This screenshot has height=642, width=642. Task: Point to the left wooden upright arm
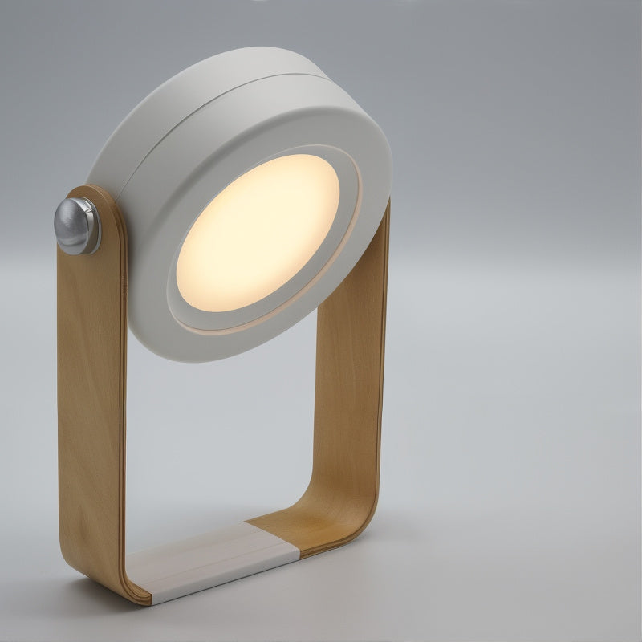tap(90, 401)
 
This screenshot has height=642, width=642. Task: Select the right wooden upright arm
tap(353, 385)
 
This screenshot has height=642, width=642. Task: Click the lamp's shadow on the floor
tap(449, 562)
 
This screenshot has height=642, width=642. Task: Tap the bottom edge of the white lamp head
tap(193, 353)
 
